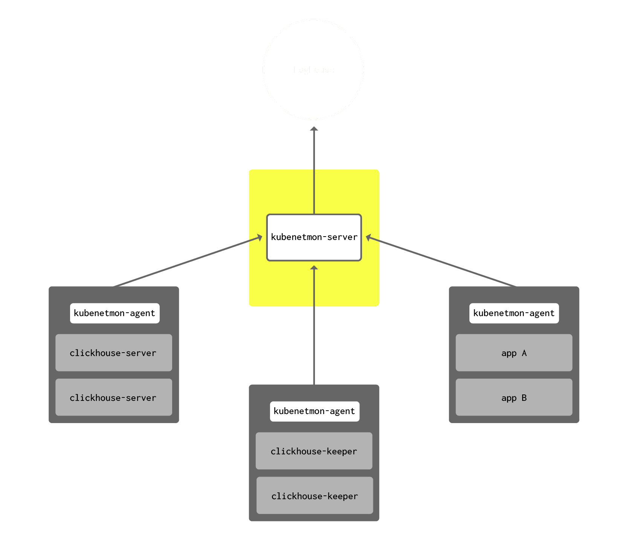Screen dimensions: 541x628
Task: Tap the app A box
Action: (514, 353)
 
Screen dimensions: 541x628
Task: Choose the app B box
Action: (514, 397)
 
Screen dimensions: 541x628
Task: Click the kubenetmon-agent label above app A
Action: (514, 313)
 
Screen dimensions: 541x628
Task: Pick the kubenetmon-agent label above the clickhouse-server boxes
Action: (115, 313)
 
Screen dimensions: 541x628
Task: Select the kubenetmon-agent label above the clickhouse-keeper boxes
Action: (315, 411)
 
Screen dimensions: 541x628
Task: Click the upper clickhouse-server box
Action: (113, 353)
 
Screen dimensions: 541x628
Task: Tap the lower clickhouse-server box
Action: (113, 397)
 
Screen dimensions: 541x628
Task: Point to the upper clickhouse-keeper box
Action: (314, 451)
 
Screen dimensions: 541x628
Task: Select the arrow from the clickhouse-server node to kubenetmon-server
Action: (188, 261)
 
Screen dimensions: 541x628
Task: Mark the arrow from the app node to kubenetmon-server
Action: (441, 261)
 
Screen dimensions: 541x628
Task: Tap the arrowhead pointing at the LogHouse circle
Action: (314, 129)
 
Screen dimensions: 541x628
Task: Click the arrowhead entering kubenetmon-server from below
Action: (314, 268)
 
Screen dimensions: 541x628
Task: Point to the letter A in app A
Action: (524, 353)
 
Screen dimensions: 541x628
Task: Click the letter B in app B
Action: (524, 397)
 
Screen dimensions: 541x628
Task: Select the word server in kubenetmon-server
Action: (342, 237)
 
